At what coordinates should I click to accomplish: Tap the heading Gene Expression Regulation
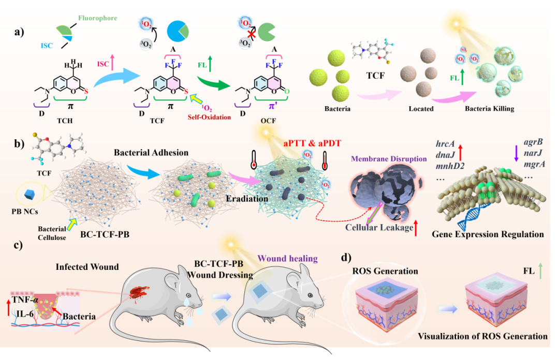488,234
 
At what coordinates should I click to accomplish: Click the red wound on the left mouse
141,294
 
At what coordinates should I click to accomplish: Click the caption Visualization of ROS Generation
482,336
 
